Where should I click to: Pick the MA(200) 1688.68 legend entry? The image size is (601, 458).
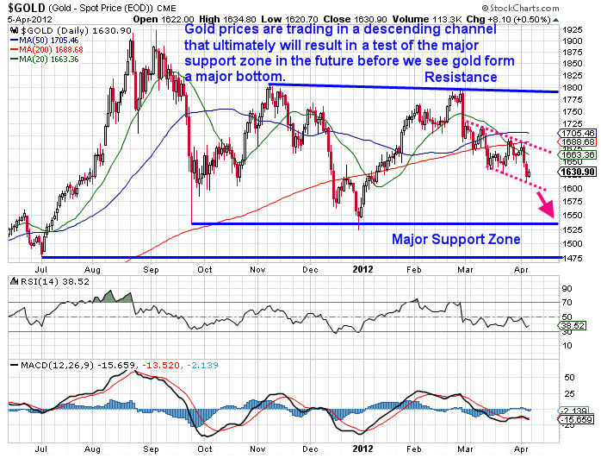pyautogui.click(x=47, y=49)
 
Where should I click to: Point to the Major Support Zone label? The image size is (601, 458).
pyautogui.click(x=456, y=239)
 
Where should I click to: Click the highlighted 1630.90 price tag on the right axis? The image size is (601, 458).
pyautogui.click(x=574, y=173)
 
